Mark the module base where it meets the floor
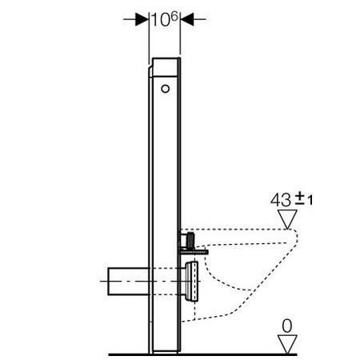(166, 350)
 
